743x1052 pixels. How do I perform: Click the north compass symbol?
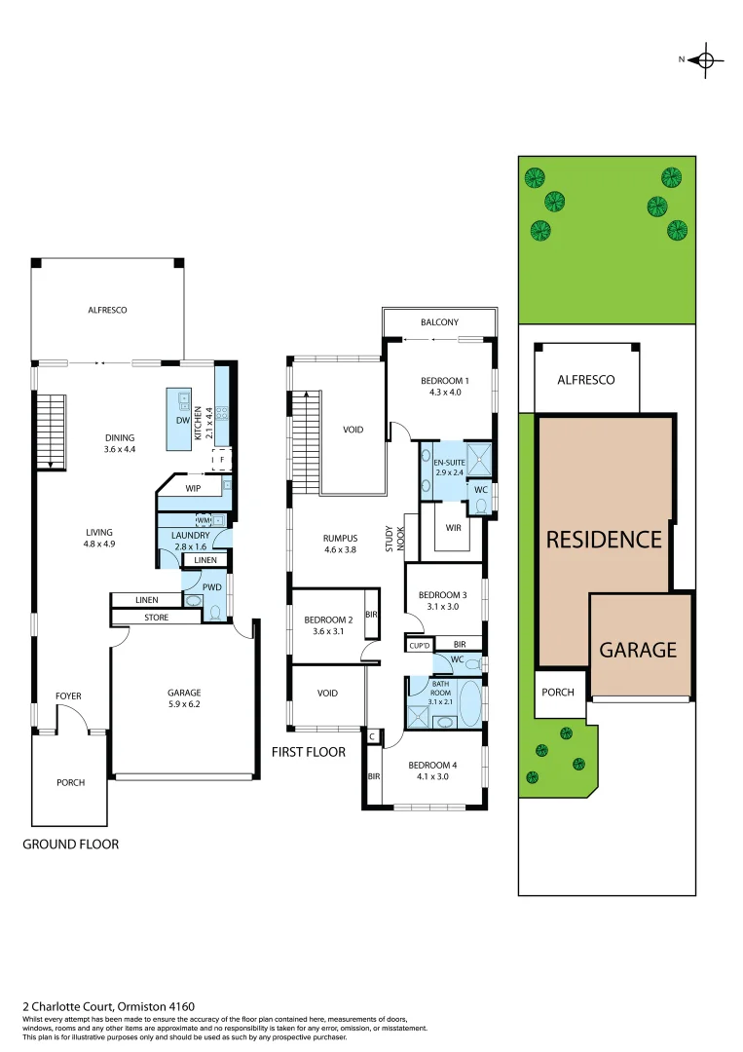706,60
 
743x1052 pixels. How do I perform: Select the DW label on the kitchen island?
182,421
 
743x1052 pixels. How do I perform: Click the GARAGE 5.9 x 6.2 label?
183,698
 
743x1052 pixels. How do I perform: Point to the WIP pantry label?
193,487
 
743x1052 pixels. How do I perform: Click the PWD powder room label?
211,587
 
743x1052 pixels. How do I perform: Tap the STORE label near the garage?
156,618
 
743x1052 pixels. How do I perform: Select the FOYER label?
68,695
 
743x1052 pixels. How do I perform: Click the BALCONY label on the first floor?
439,322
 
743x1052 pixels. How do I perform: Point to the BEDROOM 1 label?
444,386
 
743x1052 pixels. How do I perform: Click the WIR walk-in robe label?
453,528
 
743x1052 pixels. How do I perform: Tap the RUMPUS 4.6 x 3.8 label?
341,544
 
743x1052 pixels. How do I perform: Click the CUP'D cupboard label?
420,645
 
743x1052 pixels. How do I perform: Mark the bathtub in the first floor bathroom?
469,701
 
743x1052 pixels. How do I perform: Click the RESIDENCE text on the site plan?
604,540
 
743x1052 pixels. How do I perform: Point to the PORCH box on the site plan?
559,693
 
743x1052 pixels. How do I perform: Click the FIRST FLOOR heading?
310,752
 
